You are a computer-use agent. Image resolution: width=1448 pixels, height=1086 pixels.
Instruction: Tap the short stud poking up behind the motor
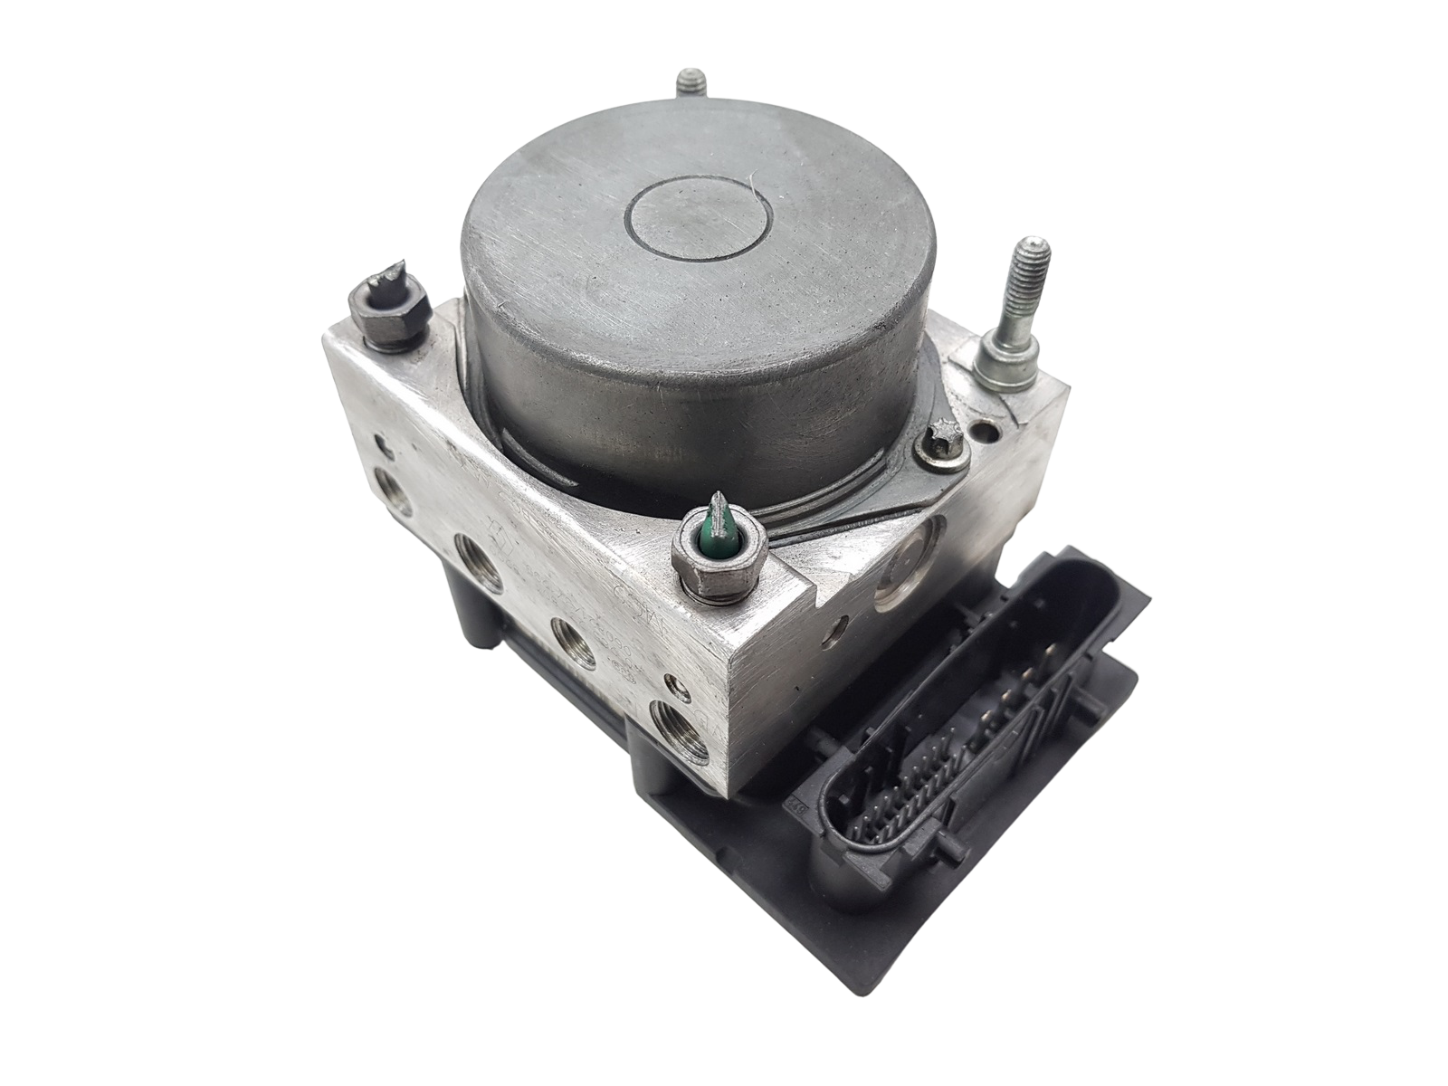point(688,91)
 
